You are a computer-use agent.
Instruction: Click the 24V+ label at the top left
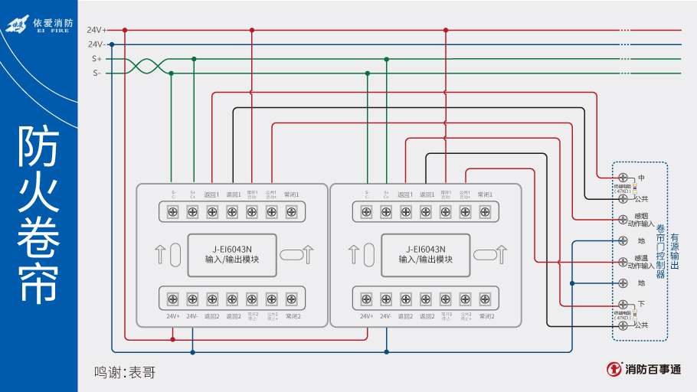coord(97,30)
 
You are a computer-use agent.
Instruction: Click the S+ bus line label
coord(97,58)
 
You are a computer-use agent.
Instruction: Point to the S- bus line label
coord(97,73)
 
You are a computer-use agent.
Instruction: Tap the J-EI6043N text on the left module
coord(232,249)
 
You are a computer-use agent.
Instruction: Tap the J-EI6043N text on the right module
coord(425,249)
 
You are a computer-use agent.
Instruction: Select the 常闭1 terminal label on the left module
coord(291,194)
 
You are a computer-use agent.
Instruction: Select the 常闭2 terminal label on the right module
coord(485,315)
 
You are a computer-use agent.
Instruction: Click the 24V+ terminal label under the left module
coord(173,315)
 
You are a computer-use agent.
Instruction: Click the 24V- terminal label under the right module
coord(386,315)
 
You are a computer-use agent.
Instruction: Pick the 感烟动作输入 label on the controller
coord(641,220)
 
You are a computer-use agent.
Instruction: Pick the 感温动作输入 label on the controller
coord(641,263)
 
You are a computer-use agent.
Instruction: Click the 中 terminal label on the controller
coord(641,178)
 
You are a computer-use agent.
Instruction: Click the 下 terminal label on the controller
coord(641,304)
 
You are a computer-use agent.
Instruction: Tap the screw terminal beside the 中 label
coord(623,178)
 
